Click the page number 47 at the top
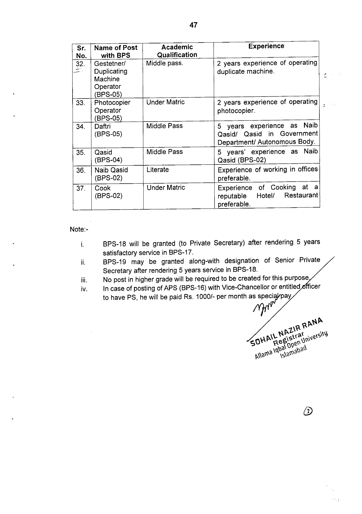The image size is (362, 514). pyautogui.click(x=193, y=25)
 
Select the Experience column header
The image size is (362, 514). pyautogui.click(x=266, y=46)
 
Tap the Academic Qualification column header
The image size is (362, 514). pyautogui.click(x=177, y=51)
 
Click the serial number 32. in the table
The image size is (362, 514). pyautogui.click(x=80, y=64)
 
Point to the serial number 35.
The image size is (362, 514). pyautogui.click(x=81, y=152)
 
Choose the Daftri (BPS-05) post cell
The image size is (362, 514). pyautogui.click(x=108, y=130)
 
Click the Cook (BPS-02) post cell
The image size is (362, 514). pyautogui.click(x=108, y=192)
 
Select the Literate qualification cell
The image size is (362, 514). pyautogui.click(x=158, y=170)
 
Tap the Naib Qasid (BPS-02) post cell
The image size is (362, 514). pyautogui.click(x=111, y=174)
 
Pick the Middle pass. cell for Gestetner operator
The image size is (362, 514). pyautogui.click(x=165, y=63)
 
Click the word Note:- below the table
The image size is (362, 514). pyautogui.click(x=79, y=229)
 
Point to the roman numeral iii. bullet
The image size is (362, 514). pyautogui.click(x=83, y=280)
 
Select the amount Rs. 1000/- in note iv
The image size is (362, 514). pyautogui.click(x=185, y=297)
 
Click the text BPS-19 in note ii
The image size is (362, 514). pyautogui.click(x=114, y=262)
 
